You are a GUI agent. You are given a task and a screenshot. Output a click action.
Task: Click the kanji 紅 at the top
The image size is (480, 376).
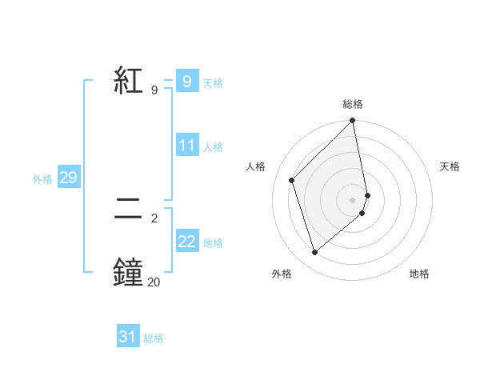click(x=129, y=82)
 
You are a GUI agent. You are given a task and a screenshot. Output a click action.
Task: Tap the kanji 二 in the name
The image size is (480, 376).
click(x=129, y=210)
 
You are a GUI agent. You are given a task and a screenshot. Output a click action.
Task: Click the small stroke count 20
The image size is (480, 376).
click(x=154, y=282)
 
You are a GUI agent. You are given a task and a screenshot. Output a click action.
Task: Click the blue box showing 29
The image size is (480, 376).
click(x=68, y=178)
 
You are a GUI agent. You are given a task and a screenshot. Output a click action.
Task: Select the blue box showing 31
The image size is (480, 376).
click(x=128, y=337)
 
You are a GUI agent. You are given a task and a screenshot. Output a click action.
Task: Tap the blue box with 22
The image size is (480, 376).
click(x=187, y=242)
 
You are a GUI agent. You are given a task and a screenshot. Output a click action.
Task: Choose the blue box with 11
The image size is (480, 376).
click(x=187, y=146)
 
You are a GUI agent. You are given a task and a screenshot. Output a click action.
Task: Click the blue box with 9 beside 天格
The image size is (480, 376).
click(x=187, y=82)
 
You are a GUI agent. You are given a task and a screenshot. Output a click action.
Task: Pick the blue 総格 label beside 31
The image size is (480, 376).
click(x=154, y=338)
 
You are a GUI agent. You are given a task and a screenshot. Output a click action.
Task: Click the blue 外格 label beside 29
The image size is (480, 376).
click(x=42, y=179)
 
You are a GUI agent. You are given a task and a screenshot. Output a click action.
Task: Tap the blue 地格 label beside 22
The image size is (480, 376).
click(x=213, y=243)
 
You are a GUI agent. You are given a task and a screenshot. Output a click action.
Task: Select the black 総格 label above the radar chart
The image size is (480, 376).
click(x=353, y=104)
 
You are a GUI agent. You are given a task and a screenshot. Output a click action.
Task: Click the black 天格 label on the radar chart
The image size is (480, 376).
click(x=450, y=166)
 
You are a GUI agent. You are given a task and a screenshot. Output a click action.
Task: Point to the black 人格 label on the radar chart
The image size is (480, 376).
click(x=255, y=166)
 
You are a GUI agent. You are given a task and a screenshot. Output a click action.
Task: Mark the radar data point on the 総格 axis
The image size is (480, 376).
click(x=353, y=122)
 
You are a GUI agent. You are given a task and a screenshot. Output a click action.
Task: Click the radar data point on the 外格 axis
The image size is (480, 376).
click(x=314, y=253)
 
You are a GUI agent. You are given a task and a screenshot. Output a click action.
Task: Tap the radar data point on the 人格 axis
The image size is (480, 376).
click(x=292, y=180)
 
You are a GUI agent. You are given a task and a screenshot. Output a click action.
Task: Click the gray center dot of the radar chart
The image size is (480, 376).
click(x=353, y=199)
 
